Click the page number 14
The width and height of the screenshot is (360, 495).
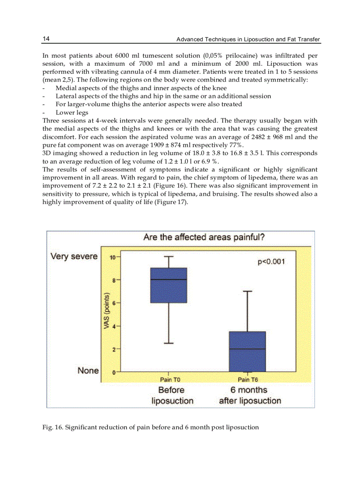tap(46, 39)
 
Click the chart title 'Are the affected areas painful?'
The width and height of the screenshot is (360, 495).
tap(204, 238)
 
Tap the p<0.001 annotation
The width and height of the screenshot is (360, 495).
tap(271, 262)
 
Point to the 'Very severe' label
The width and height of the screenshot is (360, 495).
tap(74, 257)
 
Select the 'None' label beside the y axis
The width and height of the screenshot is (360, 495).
tap(88, 371)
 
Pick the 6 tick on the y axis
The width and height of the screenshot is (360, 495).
tap(113, 303)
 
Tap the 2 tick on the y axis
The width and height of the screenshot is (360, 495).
tap(113, 350)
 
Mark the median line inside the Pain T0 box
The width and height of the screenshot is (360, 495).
tap(169, 279)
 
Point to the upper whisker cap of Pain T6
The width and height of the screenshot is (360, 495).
tap(247, 291)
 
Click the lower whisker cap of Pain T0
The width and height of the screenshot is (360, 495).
tap(169, 343)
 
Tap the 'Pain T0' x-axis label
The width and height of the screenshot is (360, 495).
tap(170, 380)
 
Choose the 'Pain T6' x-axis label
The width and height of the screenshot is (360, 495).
tap(248, 380)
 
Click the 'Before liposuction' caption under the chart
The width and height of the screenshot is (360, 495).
tap(172, 395)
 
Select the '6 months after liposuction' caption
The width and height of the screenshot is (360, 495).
tap(250, 395)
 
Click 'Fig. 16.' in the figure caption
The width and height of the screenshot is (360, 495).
tap(52, 427)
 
